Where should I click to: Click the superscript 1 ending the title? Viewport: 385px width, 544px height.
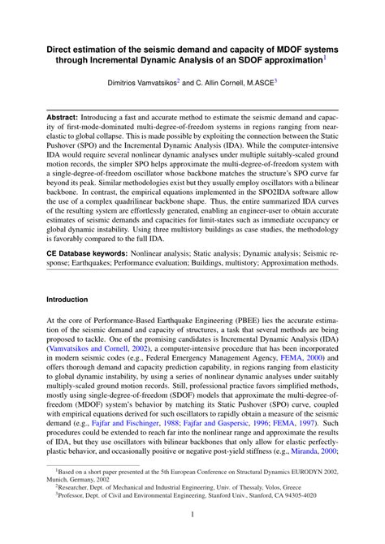326,58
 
